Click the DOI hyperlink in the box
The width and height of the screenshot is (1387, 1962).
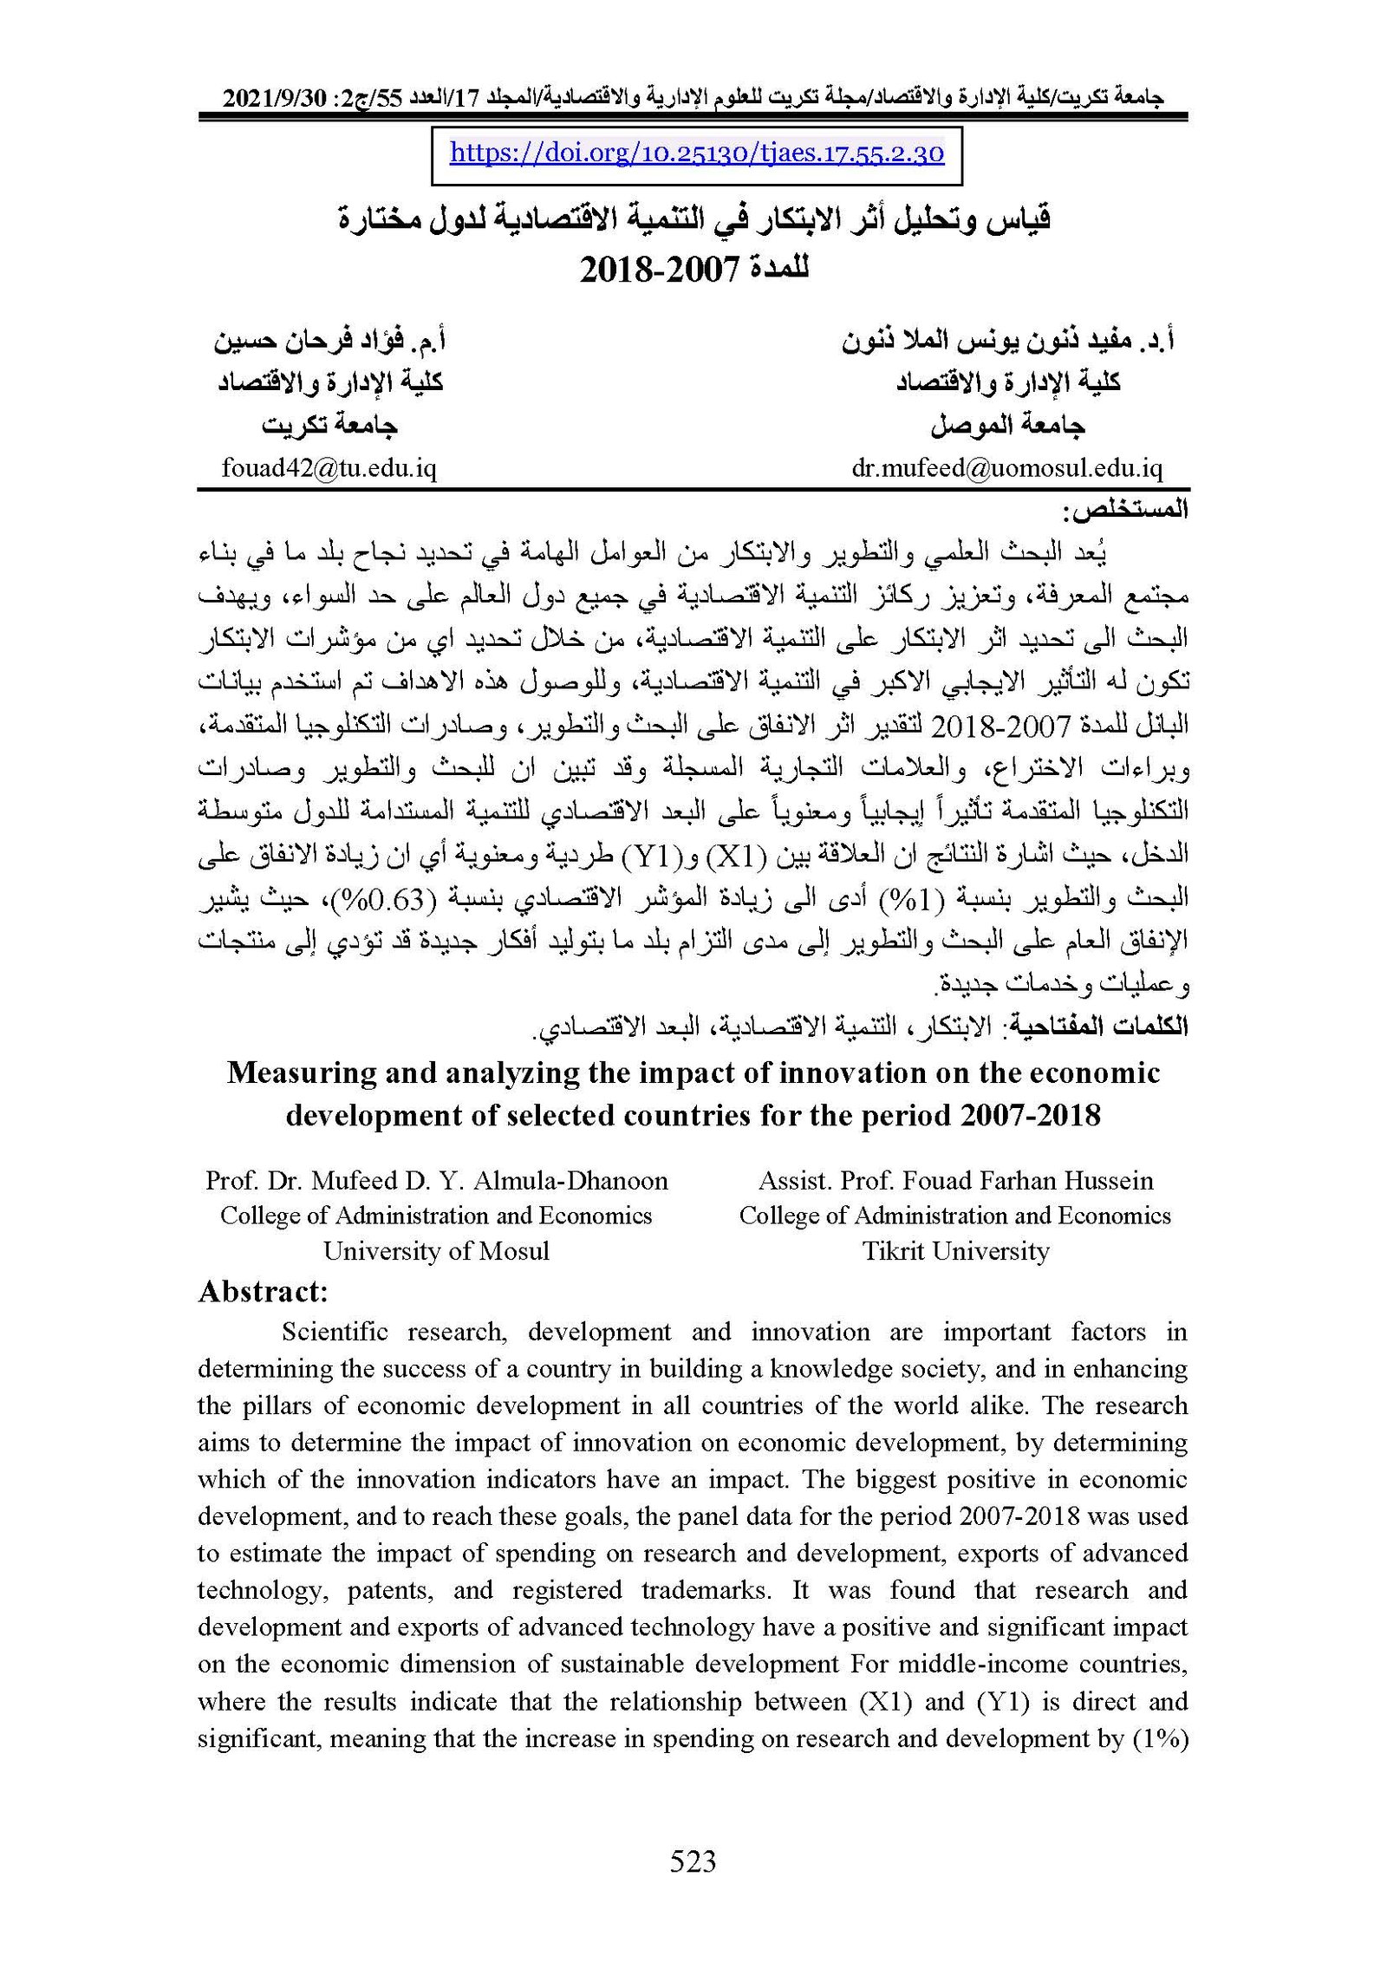(x=696, y=154)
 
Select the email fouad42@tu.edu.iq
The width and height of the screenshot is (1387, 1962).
(x=329, y=469)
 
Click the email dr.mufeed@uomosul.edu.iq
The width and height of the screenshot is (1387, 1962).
(x=1006, y=469)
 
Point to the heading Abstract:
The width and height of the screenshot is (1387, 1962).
(x=263, y=1292)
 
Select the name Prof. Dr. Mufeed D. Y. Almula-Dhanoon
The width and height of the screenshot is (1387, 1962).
(x=436, y=1181)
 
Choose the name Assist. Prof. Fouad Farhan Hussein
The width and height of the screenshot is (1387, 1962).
(x=955, y=1181)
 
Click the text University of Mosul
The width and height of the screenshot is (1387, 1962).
(x=436, y=1251)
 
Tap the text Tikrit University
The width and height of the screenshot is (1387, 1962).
(x=955, y=1251)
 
